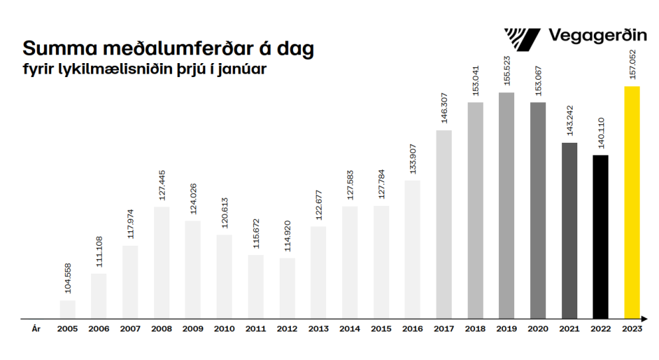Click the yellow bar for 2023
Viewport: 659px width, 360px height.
[632, 203]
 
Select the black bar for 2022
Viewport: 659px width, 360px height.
[601, 236]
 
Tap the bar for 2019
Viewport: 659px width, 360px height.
[506, 205]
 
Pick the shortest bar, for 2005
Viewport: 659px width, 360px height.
[68, 310]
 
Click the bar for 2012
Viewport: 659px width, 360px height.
[287, 288]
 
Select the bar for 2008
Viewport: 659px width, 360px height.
[161, 262]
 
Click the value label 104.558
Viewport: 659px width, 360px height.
[68, 280]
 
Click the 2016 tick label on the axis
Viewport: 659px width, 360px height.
[413, 329]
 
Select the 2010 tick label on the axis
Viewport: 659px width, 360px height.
[225, 329]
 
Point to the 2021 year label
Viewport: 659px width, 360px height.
[569, 329]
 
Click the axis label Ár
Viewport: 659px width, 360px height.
[36, 329]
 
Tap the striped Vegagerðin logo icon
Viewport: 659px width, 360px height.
[522, 39]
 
